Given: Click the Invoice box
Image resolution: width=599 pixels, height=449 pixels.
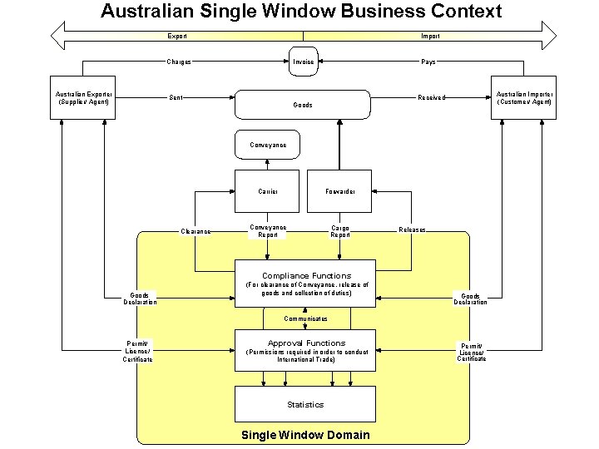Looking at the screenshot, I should coord(304,62).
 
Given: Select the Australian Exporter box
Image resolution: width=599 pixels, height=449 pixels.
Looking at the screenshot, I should coord(83,98).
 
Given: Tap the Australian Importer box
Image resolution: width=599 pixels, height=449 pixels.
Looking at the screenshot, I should coord(523,98).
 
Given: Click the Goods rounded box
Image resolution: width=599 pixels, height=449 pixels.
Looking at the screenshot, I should coord(303,105).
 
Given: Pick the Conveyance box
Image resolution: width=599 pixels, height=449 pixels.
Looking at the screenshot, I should coord(268,145).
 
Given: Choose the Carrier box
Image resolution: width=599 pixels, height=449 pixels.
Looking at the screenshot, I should coord(268,191).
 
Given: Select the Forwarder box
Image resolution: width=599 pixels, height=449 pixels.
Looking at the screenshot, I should coord(339,191).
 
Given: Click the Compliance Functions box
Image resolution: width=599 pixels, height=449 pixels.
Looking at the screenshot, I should coord(306,283).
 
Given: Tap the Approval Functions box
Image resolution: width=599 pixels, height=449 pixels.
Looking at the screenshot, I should coord(305,350).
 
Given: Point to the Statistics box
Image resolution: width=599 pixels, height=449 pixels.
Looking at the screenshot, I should coord(305,404).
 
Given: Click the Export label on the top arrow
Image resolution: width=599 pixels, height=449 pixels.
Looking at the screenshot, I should coord(177,36).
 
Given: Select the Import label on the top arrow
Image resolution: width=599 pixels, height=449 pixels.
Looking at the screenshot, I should coord(430,36).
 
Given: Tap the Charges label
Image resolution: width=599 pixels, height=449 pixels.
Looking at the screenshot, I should coord(179,62).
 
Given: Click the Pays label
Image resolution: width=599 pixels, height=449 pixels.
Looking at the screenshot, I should coord(428,62).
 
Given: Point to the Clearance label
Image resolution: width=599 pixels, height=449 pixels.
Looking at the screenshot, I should coord(196,231).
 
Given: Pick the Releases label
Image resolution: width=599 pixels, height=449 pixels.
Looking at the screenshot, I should coord(412,229).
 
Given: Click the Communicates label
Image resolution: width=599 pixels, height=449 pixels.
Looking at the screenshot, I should coord(305,318).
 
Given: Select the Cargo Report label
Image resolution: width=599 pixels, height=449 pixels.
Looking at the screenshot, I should coord(339,231).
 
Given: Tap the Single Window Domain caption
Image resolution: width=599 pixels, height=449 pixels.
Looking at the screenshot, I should coord(305,435).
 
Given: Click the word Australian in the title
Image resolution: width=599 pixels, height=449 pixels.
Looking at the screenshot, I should coord(146,11).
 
